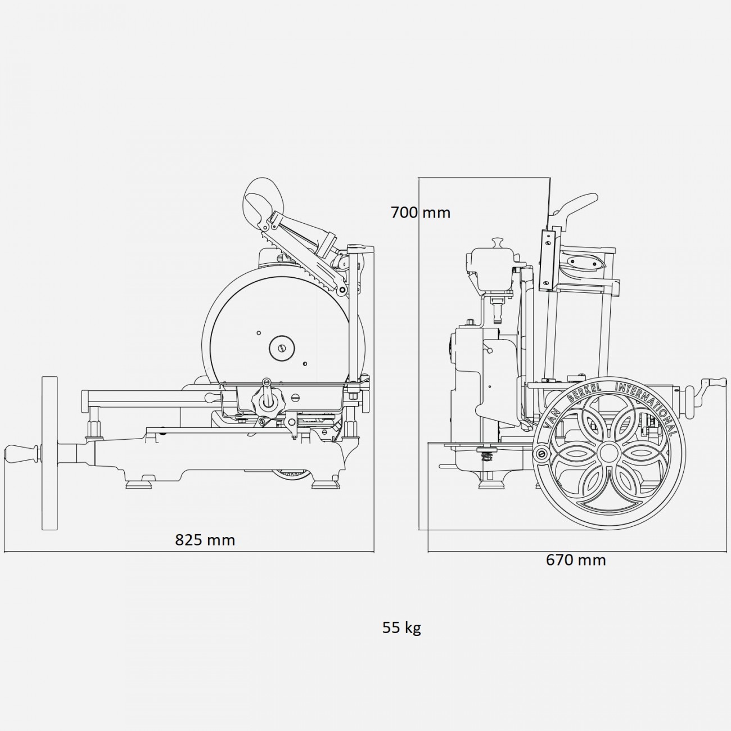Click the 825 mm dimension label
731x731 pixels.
pyautogui.click(x=205, y=539)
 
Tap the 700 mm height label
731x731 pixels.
pyautogui.click(x=420, y=213)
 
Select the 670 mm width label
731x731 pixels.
pyautogui.click(x=576, y=559)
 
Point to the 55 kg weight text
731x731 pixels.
pyautogui.click(x=401, y=628)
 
